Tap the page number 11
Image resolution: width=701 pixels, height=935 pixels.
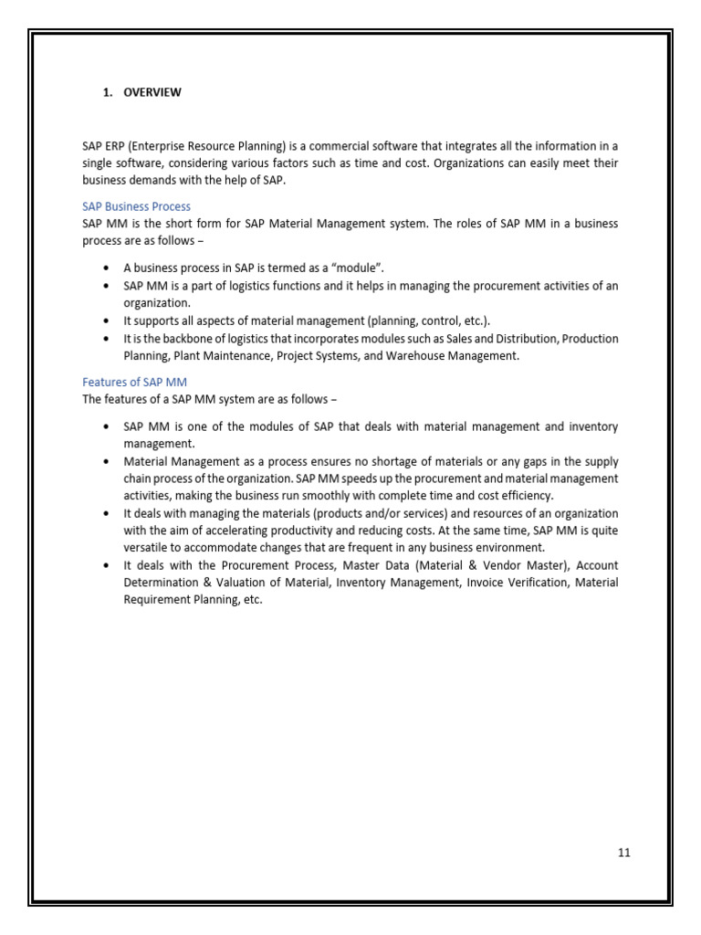point(624,853)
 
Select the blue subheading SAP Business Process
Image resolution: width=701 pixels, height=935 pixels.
point(136,206)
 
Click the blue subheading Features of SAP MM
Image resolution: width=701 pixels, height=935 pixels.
point(134,382)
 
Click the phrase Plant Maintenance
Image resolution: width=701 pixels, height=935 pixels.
point(214,356)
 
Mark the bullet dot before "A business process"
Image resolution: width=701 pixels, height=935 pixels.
point(107,268)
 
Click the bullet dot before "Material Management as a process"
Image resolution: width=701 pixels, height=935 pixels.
point(107,462)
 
